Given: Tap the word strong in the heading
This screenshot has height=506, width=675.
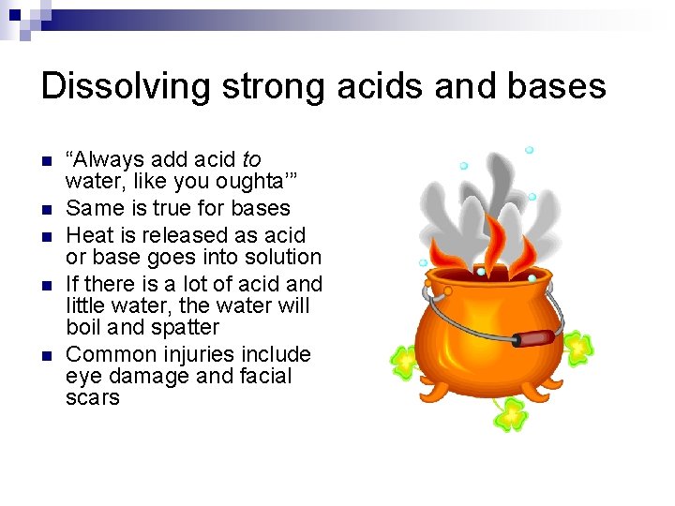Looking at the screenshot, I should tap(264, 86).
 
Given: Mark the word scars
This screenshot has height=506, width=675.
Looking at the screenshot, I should tap(93, 398).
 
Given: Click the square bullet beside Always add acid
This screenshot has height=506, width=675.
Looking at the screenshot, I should tap(49, 160).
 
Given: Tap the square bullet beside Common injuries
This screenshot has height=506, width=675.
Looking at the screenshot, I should tap(49, 355).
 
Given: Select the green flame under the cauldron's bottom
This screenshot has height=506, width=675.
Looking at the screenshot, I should tap(512, 412).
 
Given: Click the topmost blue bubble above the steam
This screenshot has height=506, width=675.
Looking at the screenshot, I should tap(529, 150).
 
